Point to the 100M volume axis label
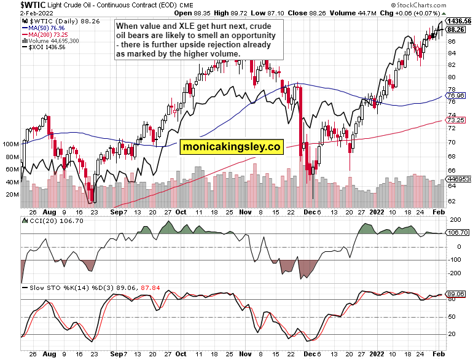point(10,144)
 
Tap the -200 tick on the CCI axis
point(455,273)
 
